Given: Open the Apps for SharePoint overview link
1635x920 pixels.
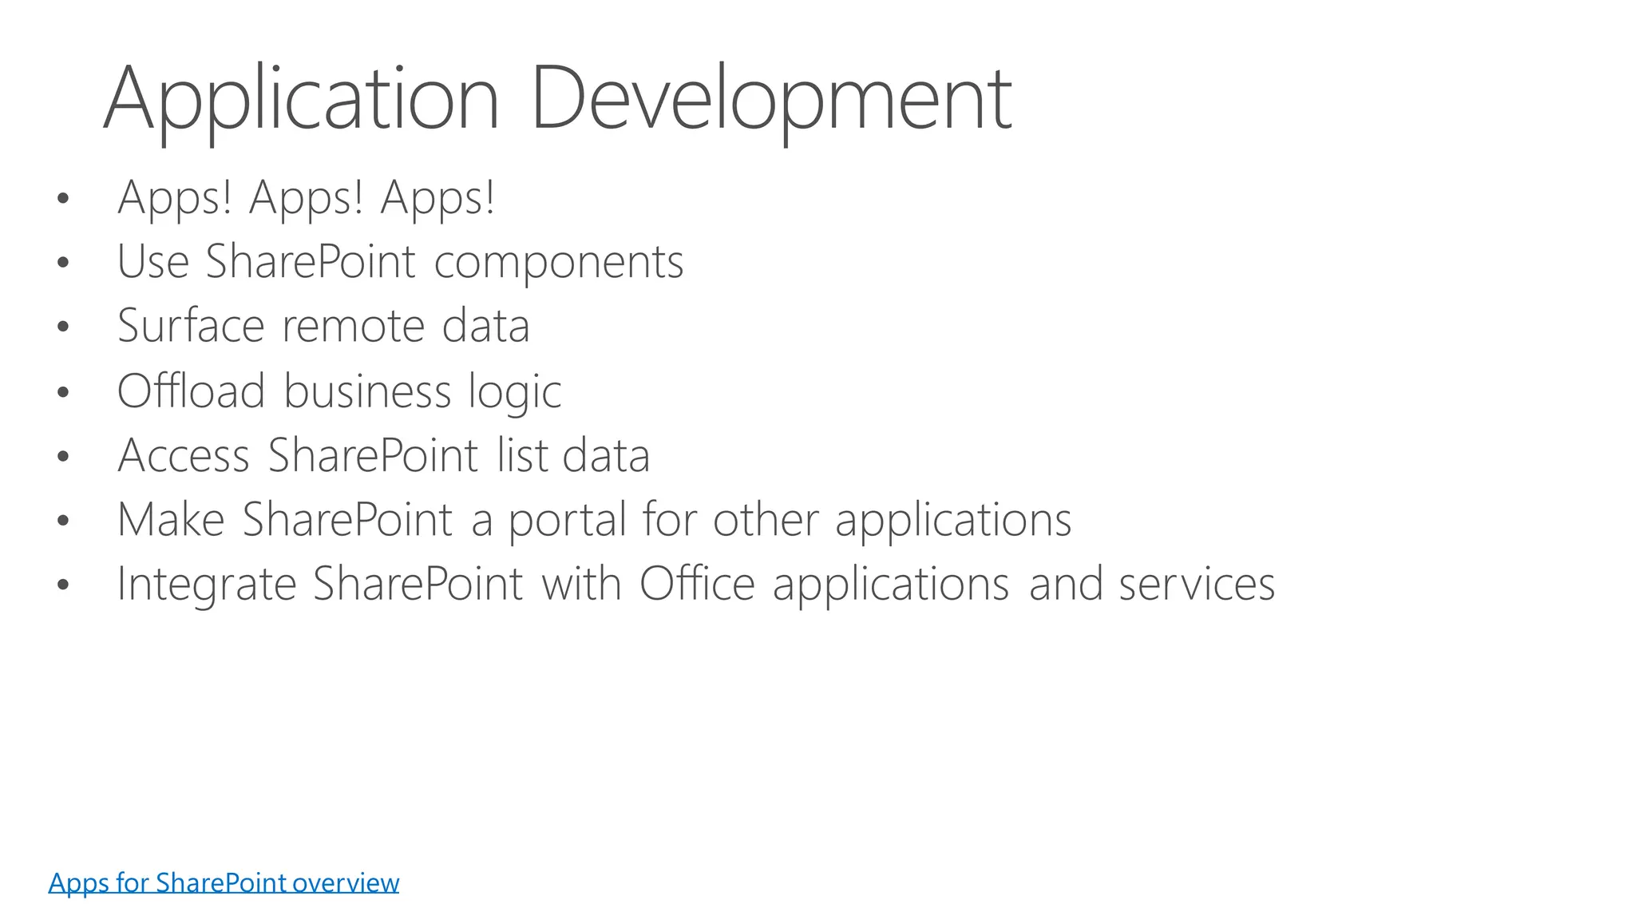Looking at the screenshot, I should click(x=224, y=882).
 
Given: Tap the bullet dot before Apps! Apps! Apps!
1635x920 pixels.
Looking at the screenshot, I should click(x=63, y=198).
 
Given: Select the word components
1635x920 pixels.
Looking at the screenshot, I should click(x=559, y=262).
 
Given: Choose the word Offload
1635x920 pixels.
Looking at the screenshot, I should click(x=191, y=391).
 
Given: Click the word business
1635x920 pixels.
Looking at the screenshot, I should click(x=367, y=391).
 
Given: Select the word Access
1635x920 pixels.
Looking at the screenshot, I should click(x=184, y=455).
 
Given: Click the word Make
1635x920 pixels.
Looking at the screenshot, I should click(x=171, y=520).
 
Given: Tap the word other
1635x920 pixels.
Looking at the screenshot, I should click(x=766, y=520).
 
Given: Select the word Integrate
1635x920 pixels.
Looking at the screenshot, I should click(x=207, y=585).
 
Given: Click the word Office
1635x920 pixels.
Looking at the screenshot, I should click(x=697, y=584).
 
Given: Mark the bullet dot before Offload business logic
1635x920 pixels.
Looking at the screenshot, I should click(x=63, y=392).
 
